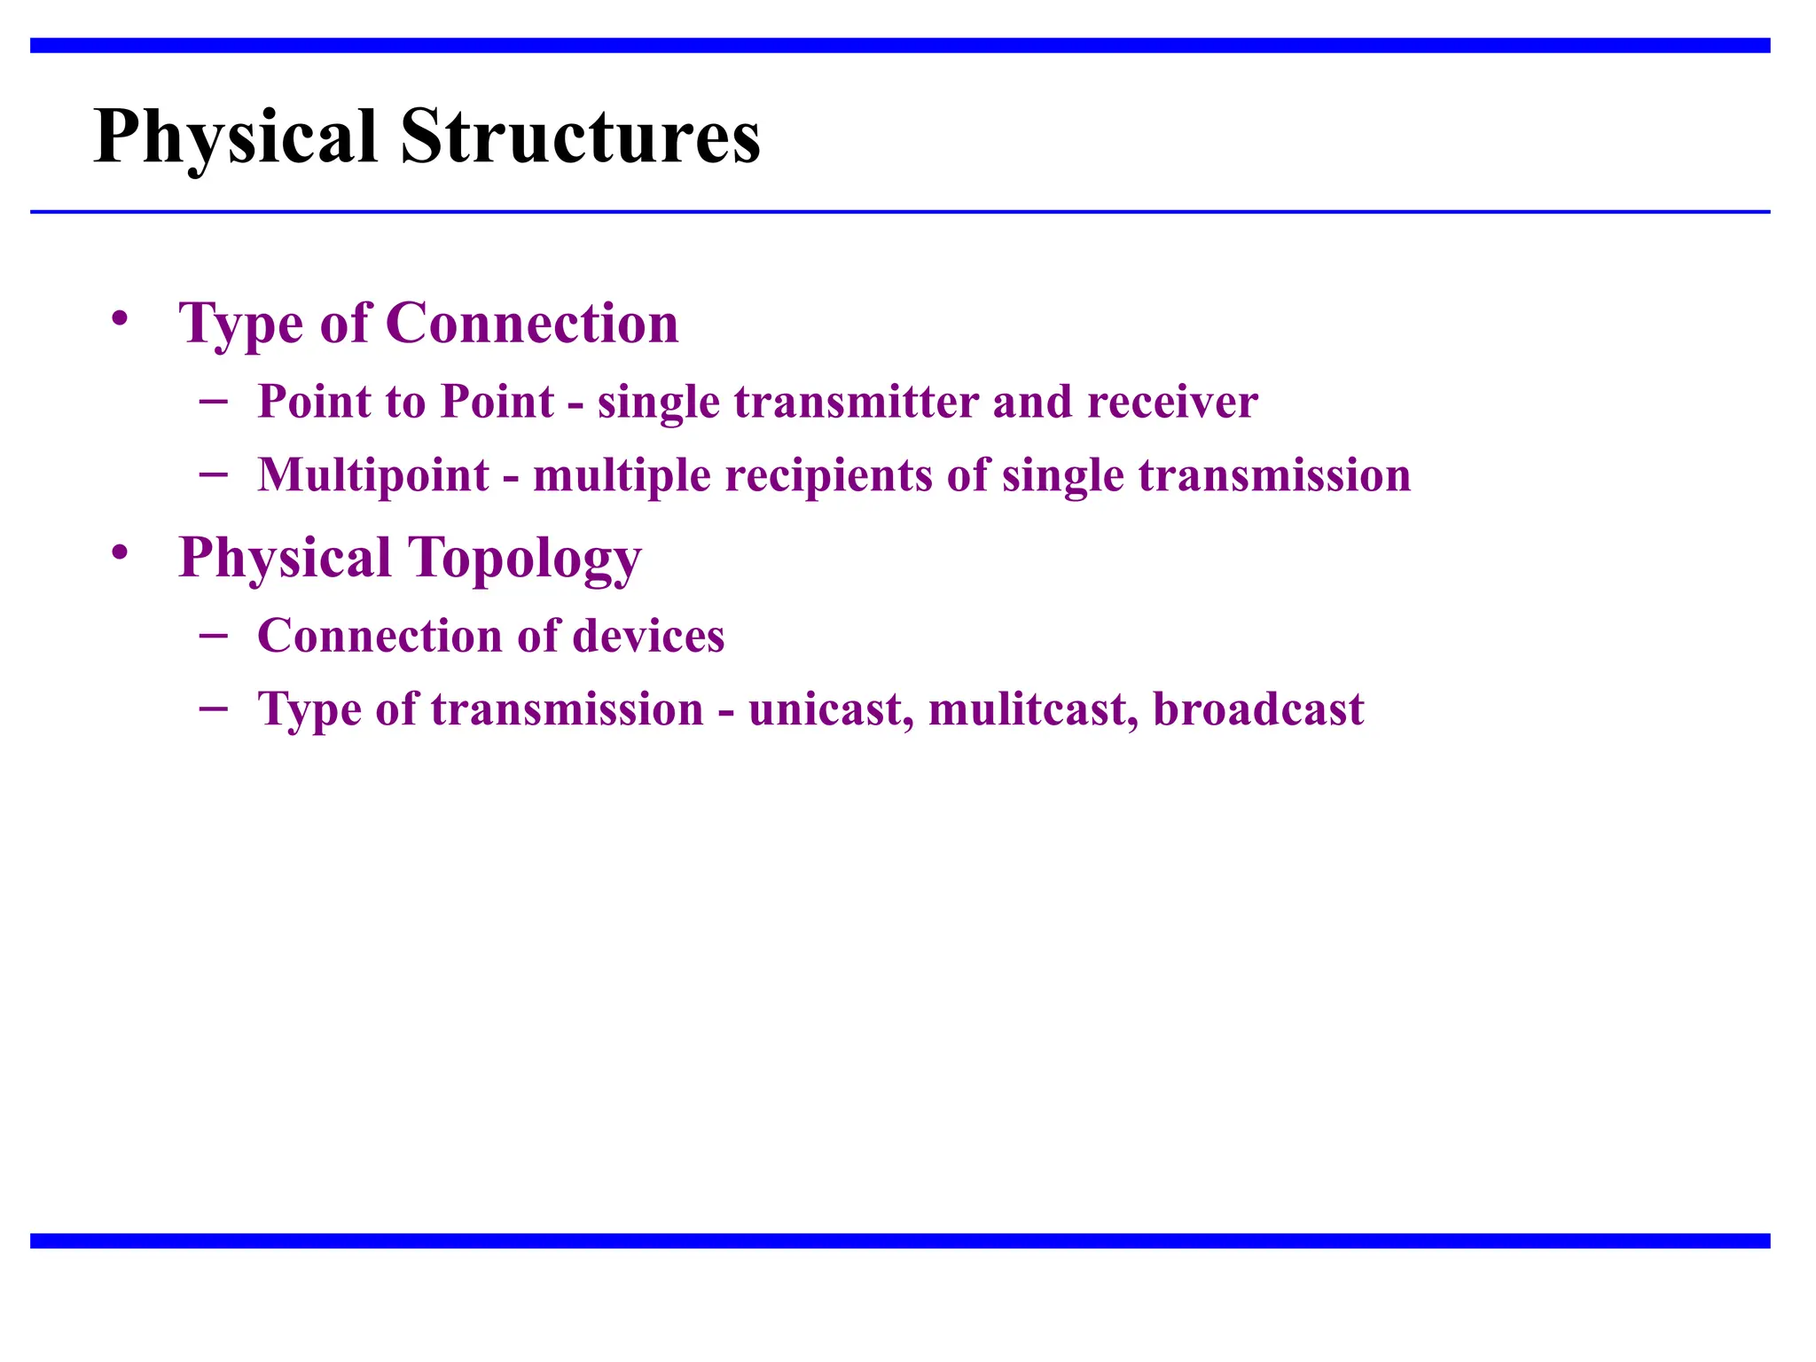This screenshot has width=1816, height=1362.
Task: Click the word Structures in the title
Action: pos(580,137)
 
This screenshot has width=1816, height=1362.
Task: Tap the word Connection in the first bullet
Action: pos(532,323)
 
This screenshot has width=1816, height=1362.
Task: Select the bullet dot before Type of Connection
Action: pos(120,317)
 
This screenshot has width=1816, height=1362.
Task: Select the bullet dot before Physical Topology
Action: pos(120,552)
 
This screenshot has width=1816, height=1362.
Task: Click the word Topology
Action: pos(524,559)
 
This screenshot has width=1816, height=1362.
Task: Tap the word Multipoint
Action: pos(373,475)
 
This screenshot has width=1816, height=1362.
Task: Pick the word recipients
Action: pos(828,475)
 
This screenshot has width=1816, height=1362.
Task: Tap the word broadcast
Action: pos(1257,709)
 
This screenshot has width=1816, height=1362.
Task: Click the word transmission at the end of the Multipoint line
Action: pos(1274,475)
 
